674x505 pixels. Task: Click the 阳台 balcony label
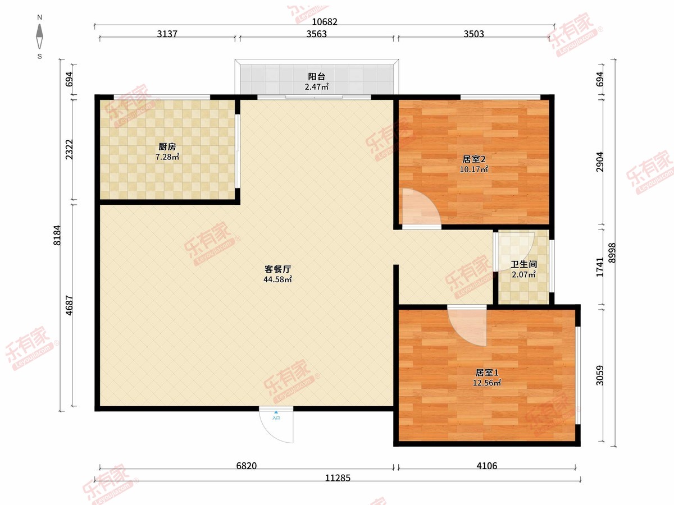tap(316, 76)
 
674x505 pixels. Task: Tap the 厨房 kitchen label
tap(167, 147)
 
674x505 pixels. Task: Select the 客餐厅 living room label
tap(277, 269)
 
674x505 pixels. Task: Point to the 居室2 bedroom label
tap(474, 159)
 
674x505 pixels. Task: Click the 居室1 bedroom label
tap(487, 373)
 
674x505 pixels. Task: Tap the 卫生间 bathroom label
tap(524, 264)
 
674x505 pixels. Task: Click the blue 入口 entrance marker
tap(276, 415)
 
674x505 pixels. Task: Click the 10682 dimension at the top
tap(325, 22)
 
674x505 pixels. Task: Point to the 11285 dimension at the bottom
tap(338, 478)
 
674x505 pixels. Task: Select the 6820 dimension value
tap(246, 466)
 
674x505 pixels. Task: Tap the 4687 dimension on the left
tap(70, 305)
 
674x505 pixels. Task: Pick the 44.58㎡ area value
tap(277, 279)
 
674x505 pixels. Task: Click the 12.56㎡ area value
tap(487, 383)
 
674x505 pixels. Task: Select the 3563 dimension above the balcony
tap(317, 34)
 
